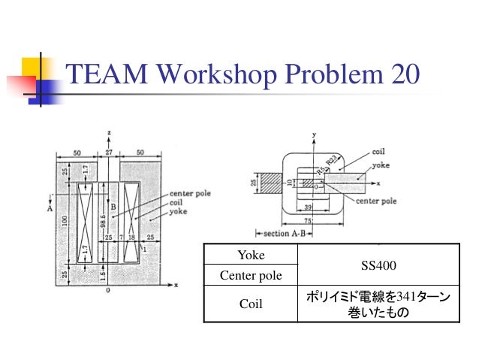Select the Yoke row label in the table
(251, 256)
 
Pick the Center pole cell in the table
(251, 276)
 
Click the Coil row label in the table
(251, 305)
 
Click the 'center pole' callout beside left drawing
(191, 193)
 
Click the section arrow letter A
(49, 208)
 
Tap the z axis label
(110, 133)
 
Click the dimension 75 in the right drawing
(308, 221)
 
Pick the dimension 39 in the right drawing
(309, 207)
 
